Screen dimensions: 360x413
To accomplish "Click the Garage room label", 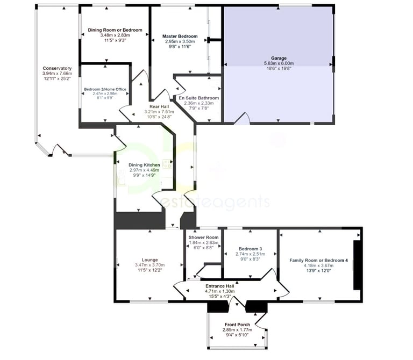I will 279,58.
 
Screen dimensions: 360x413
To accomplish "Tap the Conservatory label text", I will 57,68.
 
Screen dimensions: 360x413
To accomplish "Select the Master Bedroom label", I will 180,37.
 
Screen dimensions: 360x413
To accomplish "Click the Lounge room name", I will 149,260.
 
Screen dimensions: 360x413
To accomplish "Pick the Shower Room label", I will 203,237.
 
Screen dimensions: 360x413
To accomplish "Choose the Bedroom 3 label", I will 250,248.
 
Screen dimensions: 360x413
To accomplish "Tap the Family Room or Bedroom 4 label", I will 319,260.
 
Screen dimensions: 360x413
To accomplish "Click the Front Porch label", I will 237,325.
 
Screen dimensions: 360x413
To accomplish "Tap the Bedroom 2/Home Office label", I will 105,89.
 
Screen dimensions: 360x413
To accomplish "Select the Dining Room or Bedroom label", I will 114,30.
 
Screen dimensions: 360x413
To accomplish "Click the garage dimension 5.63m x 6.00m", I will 279,63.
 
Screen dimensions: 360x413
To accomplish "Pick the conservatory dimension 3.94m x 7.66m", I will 57,74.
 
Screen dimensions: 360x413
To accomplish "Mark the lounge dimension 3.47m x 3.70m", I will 149,265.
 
